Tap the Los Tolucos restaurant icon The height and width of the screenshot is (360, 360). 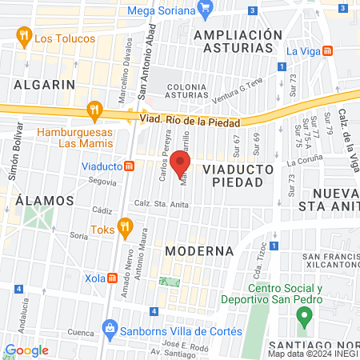point(24,37)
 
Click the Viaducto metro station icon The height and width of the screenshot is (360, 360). point(128,166)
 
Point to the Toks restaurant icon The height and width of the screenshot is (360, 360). point(125,228)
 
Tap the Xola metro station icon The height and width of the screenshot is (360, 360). point(113,278)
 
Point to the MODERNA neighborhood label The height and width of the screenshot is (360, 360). point(198,250)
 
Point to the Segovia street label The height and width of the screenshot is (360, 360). point(103,182)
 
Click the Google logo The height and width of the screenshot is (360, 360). point(26,350)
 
